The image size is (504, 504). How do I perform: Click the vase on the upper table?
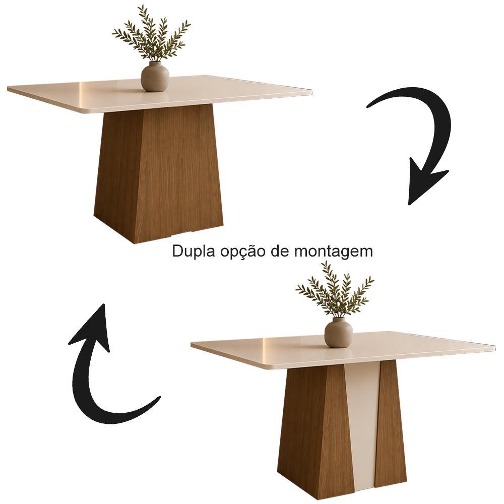click(x=155, y=77)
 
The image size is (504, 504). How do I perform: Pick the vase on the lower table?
click(x=339, y=332)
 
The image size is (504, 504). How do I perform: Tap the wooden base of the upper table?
click(x=159, y=173)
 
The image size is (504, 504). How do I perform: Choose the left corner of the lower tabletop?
click(x=192, y=345)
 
